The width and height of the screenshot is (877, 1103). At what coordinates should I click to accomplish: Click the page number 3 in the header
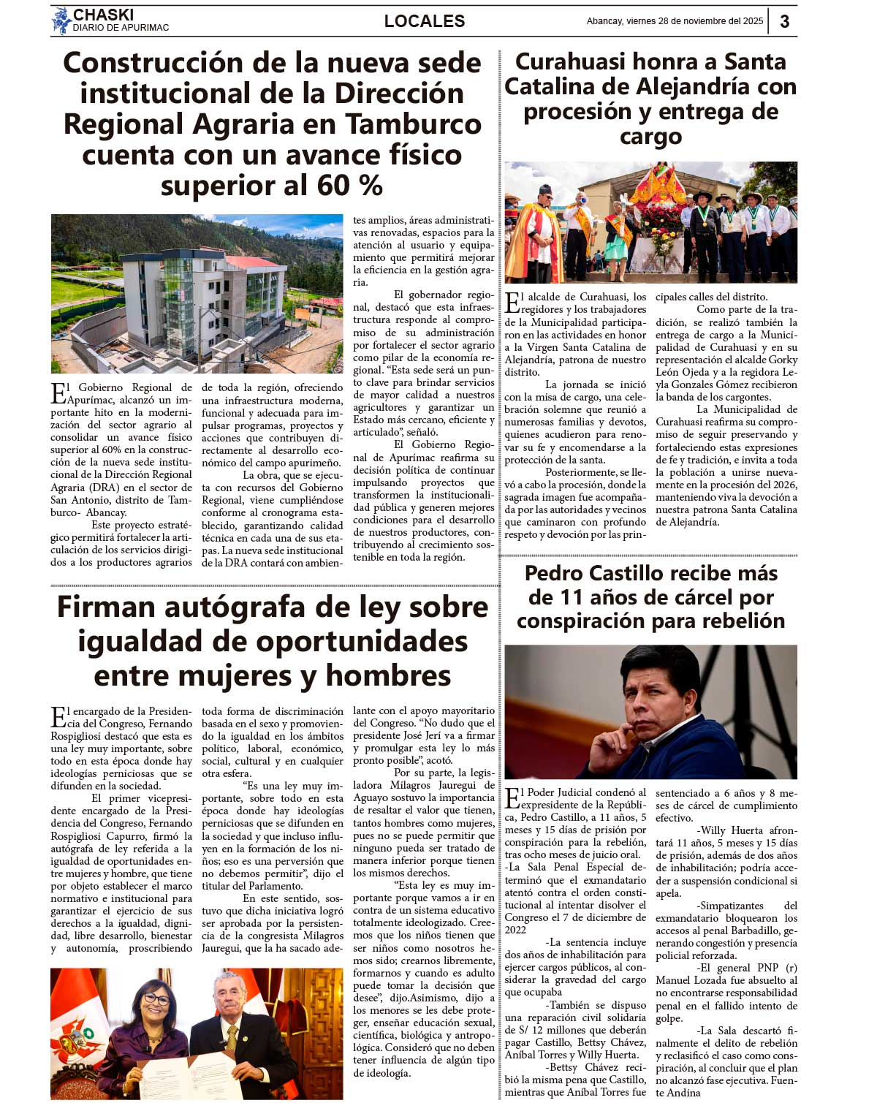784,21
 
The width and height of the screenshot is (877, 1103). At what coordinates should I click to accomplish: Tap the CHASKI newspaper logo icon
61,21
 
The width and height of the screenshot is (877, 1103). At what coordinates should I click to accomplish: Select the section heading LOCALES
425,21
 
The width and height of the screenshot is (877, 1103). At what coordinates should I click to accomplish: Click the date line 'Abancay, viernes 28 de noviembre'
674,21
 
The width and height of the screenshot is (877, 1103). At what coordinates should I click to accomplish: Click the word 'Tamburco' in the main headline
413,124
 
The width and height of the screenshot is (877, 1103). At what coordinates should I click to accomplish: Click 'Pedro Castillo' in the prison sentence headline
599,573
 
